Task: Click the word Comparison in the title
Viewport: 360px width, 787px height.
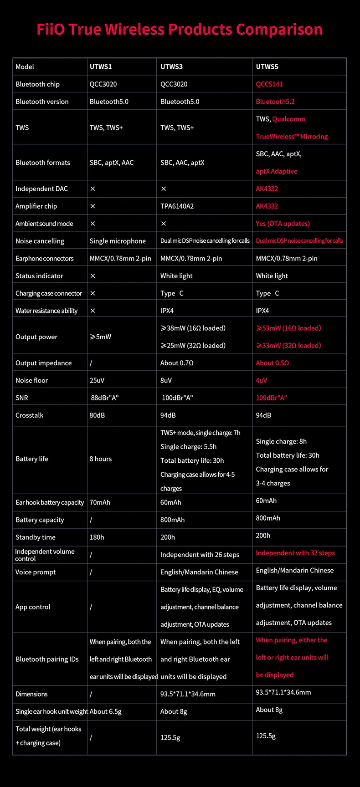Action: click(279, 30)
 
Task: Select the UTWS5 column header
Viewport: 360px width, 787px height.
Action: click(267, 66)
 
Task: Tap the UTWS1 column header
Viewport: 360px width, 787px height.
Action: click(101, 66)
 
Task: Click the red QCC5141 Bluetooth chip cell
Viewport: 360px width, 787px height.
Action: click(269, 84)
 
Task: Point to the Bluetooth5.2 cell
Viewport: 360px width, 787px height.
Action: click(275, 102)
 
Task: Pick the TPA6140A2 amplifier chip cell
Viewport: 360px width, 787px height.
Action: click(177, 206)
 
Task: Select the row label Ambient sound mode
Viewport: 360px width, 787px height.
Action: click(44, 224)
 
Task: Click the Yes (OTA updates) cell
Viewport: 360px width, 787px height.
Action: click(283, 224)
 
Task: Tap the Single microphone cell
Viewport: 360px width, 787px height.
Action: click(118, 241)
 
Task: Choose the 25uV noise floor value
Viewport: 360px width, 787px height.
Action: click(97, 380)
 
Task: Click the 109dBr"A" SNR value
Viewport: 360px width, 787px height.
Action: click(271, 398)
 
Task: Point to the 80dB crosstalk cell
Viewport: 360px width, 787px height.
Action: click(97, 415)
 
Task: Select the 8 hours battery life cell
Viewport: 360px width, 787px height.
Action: click(101, 459)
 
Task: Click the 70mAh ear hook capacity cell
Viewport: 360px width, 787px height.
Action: click(100, 502)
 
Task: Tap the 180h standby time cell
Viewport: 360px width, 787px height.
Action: click(97, 537)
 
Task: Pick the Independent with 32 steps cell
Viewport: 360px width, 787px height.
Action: click(295, 553)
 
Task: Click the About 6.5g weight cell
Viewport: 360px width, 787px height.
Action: click(106, 711)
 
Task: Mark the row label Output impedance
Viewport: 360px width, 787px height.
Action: click(43, 363)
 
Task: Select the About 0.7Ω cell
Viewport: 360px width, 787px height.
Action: click(177, 363)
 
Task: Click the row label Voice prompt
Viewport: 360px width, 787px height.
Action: click(36, 572)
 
